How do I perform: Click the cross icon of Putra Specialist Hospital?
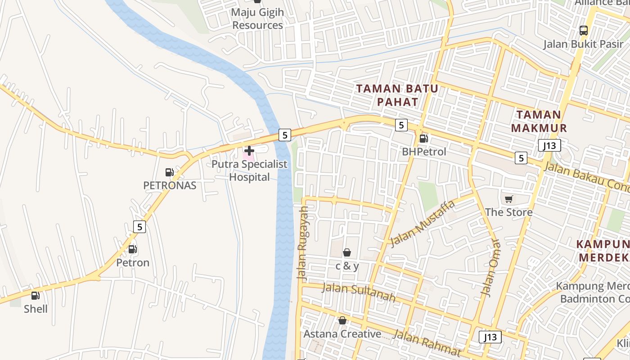[249, 151]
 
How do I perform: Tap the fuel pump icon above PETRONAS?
[169, 172]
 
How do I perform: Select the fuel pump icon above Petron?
[132, 249]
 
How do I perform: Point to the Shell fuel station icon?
[35, 296]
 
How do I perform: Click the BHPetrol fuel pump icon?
[423, 139]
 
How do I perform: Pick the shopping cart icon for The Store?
[508, 199]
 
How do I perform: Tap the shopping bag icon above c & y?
[347, 252]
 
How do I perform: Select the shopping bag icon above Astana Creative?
[342, 320]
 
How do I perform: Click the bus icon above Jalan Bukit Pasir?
[583, 31]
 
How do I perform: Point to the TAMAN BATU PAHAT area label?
[397, 95]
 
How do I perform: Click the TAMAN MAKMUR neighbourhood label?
[539, 121]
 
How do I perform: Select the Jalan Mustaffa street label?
[423, 224]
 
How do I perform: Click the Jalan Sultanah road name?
[359, 292]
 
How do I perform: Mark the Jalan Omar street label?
[490, 267]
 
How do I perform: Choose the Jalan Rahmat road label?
[427, 342]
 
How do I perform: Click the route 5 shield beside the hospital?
[284, 135]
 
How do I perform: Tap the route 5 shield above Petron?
[139, 227]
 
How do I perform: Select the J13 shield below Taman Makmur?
[549, 145]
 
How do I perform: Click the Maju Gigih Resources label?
[257, 19]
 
